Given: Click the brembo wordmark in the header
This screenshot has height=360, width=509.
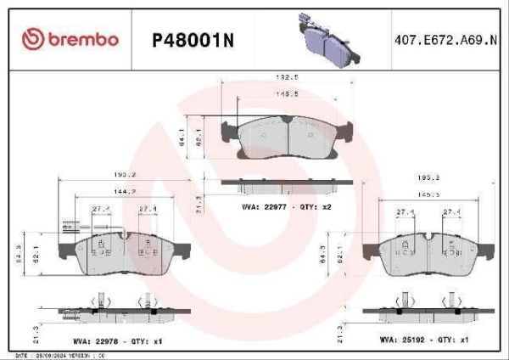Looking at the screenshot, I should (x=82, y=40).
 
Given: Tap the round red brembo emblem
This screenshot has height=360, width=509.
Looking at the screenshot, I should (x=32, y=39).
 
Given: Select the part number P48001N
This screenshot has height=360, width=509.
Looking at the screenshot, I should (x=191, y=40).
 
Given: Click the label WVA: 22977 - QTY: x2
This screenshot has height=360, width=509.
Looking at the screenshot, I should (x=286, y=207).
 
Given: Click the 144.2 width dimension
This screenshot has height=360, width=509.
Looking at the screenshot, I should (x=126, y=192).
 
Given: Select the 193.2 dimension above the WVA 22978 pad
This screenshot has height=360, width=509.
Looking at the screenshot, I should (x=126, y=176).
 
